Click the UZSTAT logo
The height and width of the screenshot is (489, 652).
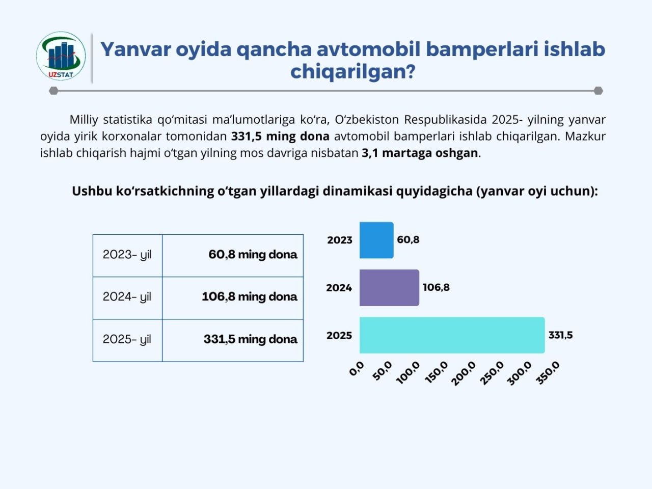(x=61, y=57)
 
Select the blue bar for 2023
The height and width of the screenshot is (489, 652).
(x=376, y=240)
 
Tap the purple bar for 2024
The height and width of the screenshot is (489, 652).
(x=389, y=288)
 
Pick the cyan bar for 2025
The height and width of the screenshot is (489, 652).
(x=452, y=335)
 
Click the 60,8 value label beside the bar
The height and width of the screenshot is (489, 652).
(x=408, y=239)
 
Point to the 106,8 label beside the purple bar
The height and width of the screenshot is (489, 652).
(x=436, y=287)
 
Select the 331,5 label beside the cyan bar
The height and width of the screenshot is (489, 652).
(x=560, y=335)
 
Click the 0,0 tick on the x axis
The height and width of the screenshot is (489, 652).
(x=357, y=368)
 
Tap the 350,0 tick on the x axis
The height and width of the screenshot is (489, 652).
(x=548, y=373)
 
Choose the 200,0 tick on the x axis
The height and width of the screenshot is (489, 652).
(x=464, y=373)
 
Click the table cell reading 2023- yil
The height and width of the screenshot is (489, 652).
(x=127, y=255)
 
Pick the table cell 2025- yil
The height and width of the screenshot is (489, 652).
(x=127, y=339)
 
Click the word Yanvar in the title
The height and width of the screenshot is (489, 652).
(x=135, y=49)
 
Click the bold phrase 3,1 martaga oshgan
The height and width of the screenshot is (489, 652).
(x=420, y=153)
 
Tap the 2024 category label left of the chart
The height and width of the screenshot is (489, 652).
(x=339, y=288)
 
